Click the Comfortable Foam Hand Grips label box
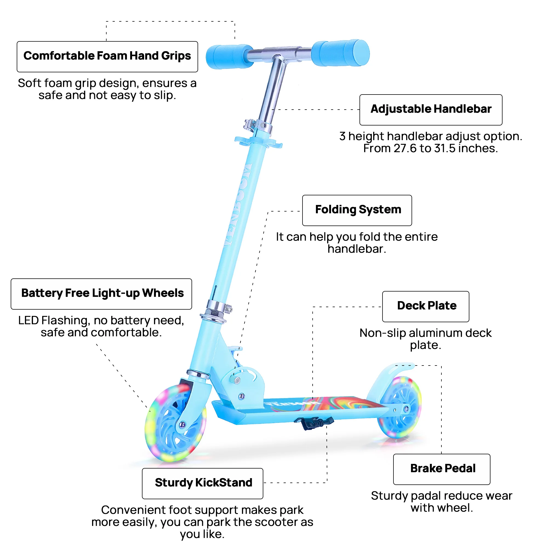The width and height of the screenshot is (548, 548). click(x=107, y=56)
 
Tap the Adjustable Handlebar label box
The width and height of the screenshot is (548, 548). click(x=430, y=110)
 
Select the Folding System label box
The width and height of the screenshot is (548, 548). click(x=357, y=210)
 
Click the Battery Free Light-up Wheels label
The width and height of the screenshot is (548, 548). click(x=101, y=293)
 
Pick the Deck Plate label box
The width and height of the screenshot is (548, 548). click(x=426, y=306)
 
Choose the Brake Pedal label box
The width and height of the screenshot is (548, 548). click(x=441, y=469)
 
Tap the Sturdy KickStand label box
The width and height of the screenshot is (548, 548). click(x=202, y=483)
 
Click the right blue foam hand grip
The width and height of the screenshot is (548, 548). click(x=340, y=53)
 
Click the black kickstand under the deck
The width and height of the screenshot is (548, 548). click(x=313, y=423)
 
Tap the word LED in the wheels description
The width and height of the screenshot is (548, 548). click(x=28, y=321)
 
